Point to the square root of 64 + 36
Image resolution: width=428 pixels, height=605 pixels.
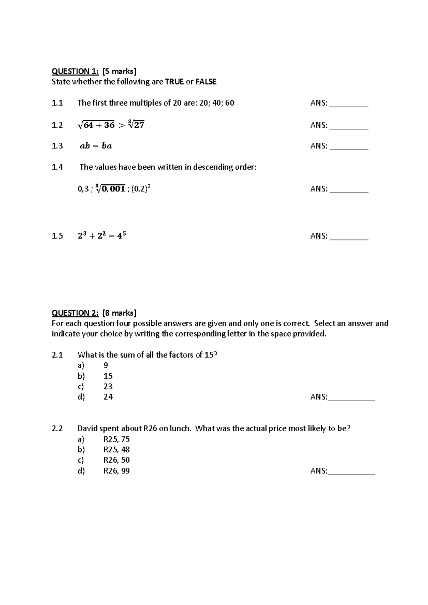[96, 125]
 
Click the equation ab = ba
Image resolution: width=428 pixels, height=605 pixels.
[96, 146]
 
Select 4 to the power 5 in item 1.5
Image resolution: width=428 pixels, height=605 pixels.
[122, 235]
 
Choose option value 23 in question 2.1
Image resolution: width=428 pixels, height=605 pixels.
[108, 386]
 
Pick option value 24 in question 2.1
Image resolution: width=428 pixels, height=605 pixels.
[108, 397]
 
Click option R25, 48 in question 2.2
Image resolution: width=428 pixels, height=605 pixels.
[116, 449]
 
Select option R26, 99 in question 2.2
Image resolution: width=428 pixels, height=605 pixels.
[116, 471]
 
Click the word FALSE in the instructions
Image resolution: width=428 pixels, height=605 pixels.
[206, 82]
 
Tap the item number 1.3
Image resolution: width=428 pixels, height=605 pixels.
[57, 146]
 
